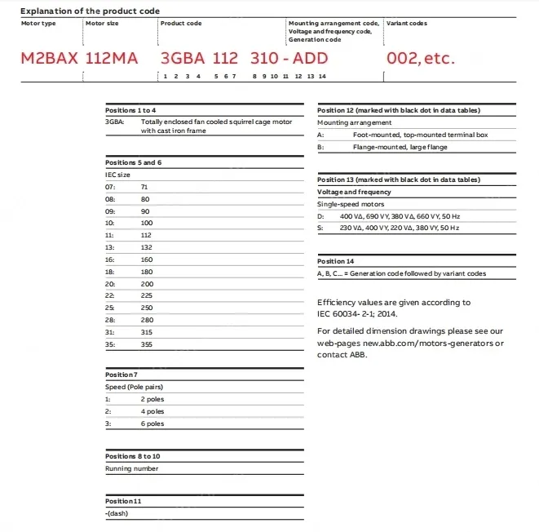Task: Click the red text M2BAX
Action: coord(47,59)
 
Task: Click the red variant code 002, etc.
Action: coord(420,59)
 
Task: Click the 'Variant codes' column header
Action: coord(406,24)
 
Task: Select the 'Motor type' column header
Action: coord(38,24)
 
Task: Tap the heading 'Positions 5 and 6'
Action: coord(134,162)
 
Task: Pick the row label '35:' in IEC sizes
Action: coord(111,345)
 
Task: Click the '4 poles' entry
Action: coord(152,412)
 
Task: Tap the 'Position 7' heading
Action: coord(121,375)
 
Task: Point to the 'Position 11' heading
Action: coord(123,500)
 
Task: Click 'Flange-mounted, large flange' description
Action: coord(400,147)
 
